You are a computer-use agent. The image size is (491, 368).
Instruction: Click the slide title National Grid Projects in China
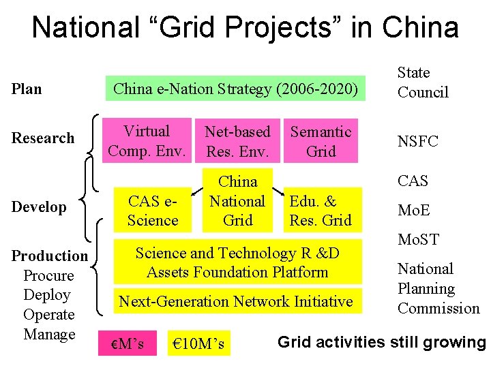pyautogui.click(x=245, y=28)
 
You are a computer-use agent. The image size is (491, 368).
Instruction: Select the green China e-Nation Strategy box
pyautogui.click(x=235, y=89)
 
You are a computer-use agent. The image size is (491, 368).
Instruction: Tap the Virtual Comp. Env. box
pyautogui.click(x=147, y=141)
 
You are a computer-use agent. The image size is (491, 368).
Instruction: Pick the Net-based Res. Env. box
pyautogui.click(x=237, y=141)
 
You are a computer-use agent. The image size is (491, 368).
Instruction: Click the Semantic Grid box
pyautogui.click(x=321, y=141)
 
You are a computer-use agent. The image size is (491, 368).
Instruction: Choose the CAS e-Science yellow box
pyautogui.click(x=153, y=211)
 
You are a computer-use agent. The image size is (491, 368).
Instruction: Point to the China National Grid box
pyautogui.click(x=237, y=201)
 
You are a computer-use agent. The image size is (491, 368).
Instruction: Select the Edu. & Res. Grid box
pyautogui.click(x=321, y=211)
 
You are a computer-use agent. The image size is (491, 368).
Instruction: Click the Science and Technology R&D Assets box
pyautogui.click(x=237, y=263)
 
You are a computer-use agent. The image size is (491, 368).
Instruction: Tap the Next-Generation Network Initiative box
pyautogui.click(x=237, y=301)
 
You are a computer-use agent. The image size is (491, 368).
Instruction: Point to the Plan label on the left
pyautogui.click(x=27, y=89)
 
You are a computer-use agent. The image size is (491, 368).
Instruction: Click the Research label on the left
pyautogui.click(x=43, y=138)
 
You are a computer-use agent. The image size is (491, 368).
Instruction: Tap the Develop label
pyautogui.click(x=39, y=207)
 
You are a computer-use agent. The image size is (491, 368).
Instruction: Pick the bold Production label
pyautogui.click(x=49, y=256)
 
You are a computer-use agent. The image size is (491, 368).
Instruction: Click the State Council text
pyautogui.click(x=423, y=82)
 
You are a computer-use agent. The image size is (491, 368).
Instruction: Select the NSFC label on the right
pyautogui.click(x=418, y=142)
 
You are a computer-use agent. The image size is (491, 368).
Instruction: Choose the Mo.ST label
pyautogui.click(x=418, y=239)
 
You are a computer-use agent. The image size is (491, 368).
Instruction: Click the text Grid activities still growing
pyautogui.click(x=381, y=342)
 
